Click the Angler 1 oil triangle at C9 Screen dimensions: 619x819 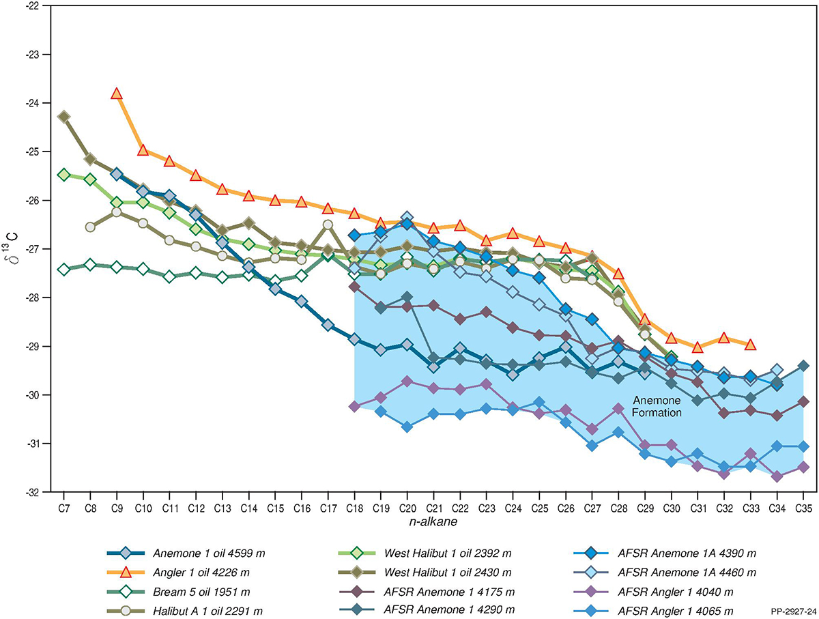click(117, 93)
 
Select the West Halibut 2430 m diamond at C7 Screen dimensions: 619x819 click(63, 117)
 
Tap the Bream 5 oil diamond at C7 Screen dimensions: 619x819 click(63, 270)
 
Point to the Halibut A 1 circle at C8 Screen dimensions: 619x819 click(90, 227)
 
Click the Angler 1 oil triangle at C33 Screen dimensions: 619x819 click(750, 345)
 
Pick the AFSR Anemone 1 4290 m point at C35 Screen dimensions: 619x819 click(803, 366)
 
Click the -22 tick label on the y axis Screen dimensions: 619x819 click(32, 6)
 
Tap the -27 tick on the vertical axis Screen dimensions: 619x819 click(32, 249)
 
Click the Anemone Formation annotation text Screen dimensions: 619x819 click(655, 407)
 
